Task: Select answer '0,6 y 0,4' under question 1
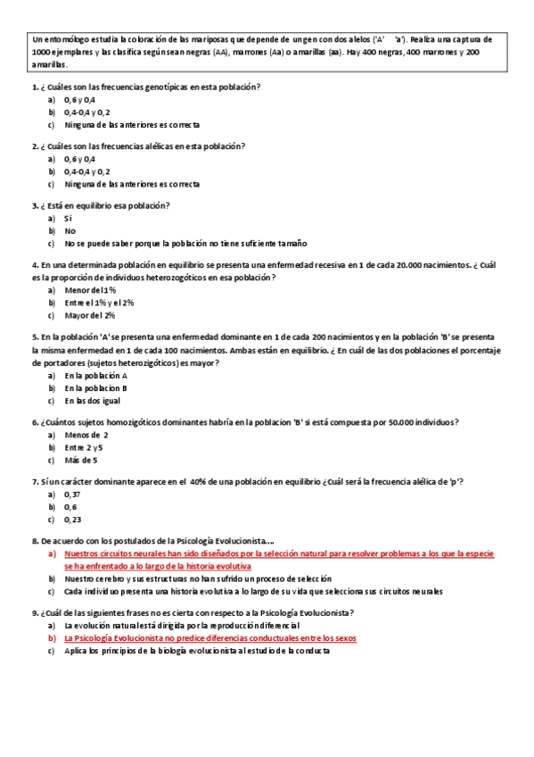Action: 79,100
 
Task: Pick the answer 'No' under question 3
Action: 70,230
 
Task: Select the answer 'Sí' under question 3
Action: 68,218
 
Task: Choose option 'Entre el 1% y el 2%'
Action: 98,303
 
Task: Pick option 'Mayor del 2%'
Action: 89,315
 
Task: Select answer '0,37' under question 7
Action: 72,494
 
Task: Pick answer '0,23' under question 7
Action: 72,519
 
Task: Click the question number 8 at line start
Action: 34,541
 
